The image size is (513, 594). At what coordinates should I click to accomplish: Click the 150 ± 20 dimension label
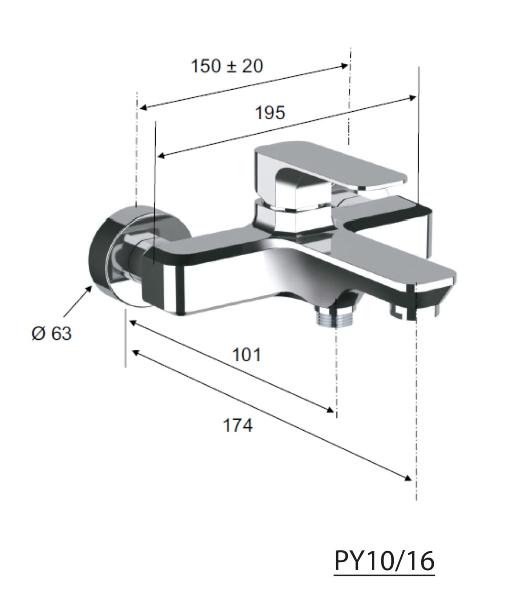[227, 66]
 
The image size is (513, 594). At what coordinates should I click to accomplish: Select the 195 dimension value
[270, 113]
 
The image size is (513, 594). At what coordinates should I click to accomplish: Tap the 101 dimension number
[246, 355]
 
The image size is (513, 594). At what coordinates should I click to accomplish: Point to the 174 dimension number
[238, 425]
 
